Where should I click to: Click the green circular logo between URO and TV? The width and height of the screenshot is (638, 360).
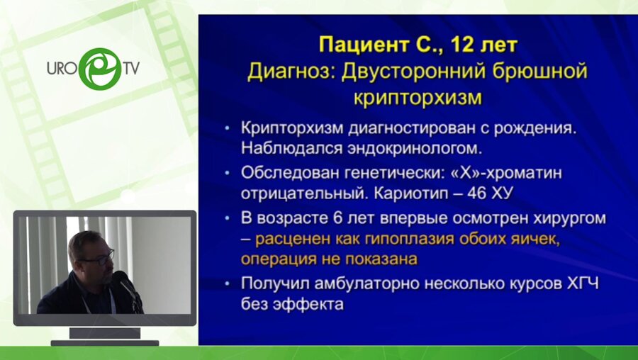[x=99, y=68]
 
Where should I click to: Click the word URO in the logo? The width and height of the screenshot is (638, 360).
[x=62, y=69]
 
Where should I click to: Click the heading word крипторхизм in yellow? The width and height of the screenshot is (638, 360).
[x=418, y=97]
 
